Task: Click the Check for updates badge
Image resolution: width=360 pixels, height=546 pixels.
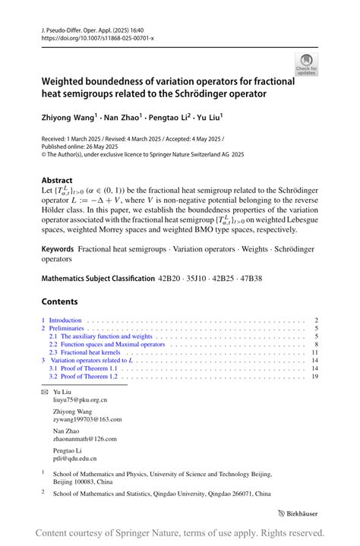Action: tap(306, 64)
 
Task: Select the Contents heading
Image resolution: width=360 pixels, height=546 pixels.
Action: tap(60, 301)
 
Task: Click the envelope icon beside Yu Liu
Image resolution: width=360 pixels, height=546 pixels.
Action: tap(44, 390)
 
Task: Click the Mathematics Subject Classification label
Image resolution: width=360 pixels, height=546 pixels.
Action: tap(98, 279)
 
